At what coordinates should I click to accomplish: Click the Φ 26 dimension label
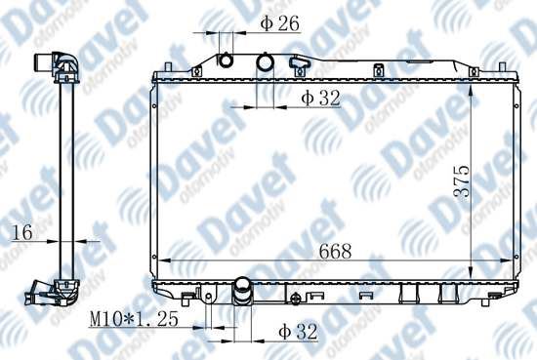(279, 23)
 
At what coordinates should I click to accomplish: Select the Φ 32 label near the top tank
(320, 98)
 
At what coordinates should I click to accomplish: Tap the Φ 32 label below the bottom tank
(298, 332)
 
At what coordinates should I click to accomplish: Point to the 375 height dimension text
(461, 181)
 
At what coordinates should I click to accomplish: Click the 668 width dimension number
(335, 251)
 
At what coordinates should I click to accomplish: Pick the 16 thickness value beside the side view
(22, 233)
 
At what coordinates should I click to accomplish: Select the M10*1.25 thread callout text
(134, 319)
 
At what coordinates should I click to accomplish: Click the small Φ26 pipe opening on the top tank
(226, 60)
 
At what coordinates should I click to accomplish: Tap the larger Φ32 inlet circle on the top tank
(266, 61)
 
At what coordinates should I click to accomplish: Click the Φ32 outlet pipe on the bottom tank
(242, 290)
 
